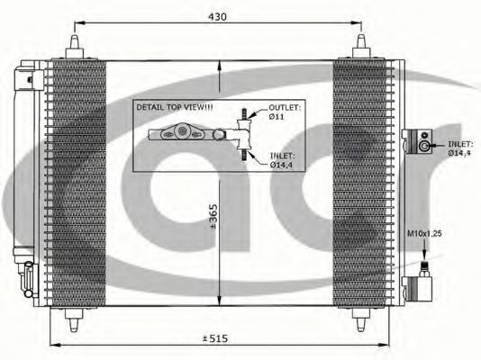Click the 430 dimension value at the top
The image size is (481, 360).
217,16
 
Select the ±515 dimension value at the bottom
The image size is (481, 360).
215,338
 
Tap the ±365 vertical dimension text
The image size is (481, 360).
213,216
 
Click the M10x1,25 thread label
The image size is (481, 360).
424,233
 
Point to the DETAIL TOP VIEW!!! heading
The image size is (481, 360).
175,107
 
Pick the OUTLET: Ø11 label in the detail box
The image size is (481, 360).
284,112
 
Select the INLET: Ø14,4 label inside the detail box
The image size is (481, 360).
282,160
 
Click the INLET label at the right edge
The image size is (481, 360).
459,148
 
